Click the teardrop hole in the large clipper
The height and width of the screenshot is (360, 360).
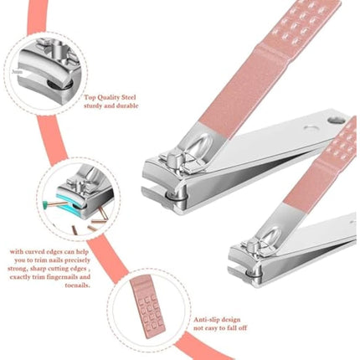tap(311, 130)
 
